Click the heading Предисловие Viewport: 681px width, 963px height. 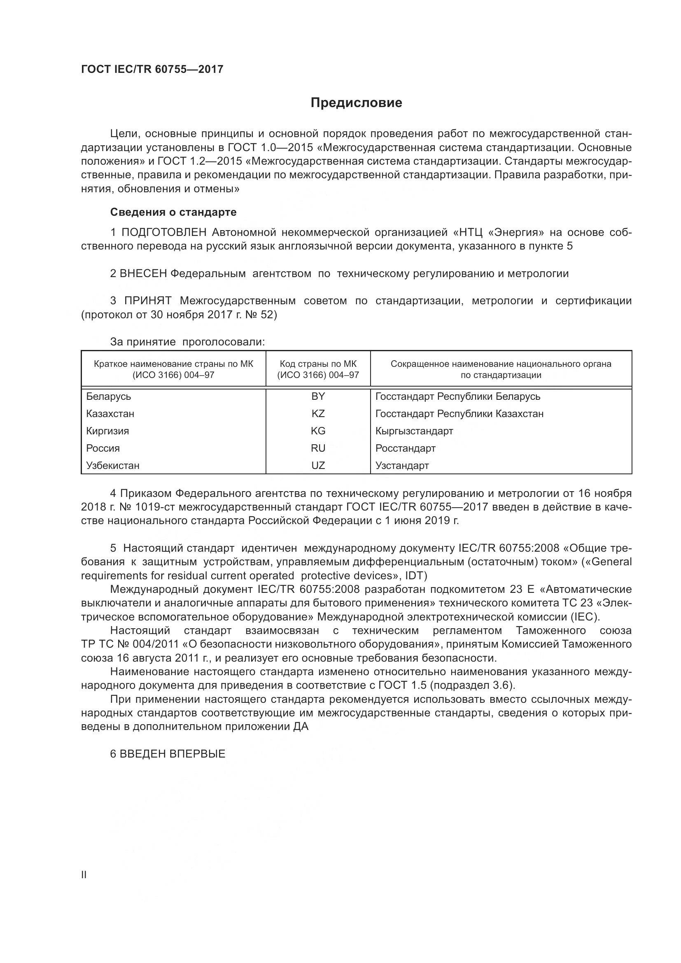(x=356, y=103)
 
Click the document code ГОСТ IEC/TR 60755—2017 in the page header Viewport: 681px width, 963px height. (x=152, y=69)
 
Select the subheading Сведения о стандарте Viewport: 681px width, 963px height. (x=173, y=212)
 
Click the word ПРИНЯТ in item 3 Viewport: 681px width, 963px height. (x=148, y=301)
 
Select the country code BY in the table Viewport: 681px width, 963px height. (x=318, y=396)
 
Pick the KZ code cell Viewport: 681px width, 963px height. (x=318, y=413)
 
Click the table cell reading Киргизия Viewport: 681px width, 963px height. (x=107, y=431)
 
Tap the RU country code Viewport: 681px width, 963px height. (x=318, y=448)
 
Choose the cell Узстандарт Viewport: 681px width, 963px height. (x=402, y=466)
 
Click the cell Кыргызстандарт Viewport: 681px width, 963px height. (x=414, y=431)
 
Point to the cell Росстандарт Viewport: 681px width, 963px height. (x=405, y=448)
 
